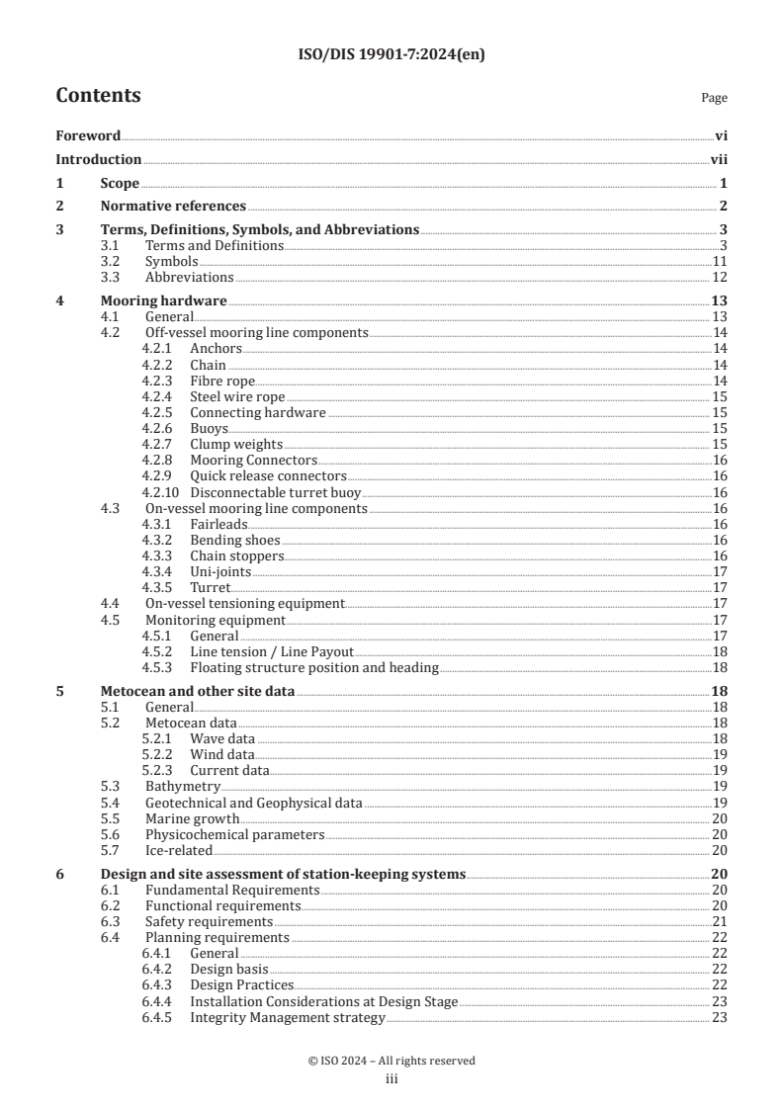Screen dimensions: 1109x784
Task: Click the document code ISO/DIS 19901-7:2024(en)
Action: pyautogui.click(x=392, y=54)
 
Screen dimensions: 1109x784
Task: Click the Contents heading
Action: pyautogui.click(x=98, y=96)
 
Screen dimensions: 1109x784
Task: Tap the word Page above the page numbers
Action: pyautogui.click(x=714, y=98)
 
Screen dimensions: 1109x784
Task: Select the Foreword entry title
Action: pyautogui.click(x=88, y=136)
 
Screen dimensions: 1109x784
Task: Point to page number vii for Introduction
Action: pyautogui.click(x=719, y=159)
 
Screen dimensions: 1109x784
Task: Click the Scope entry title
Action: pyautogui.click(x=120, y=183)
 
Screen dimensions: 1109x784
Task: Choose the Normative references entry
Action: pyautogui.click(x=173, y=206)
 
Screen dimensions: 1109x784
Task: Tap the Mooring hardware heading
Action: pyautogui.click(x=164, y=300)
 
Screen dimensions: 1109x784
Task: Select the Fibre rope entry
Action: pyautogui.click(x=222, y=381)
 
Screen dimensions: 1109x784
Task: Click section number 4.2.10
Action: pyautogui.click(x=161, y=492)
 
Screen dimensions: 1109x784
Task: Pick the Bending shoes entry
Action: pyautogui.click(x=235, y=541)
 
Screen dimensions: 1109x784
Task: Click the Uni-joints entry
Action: pyautogui.click(x=220, y=572)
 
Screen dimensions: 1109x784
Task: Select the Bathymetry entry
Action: pyautogui.click(x=183, y=787)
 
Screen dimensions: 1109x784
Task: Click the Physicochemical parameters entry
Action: pyautogui.click(x=235, y=834)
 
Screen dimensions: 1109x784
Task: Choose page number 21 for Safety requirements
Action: pyautogui.click(x=720, y=921)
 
